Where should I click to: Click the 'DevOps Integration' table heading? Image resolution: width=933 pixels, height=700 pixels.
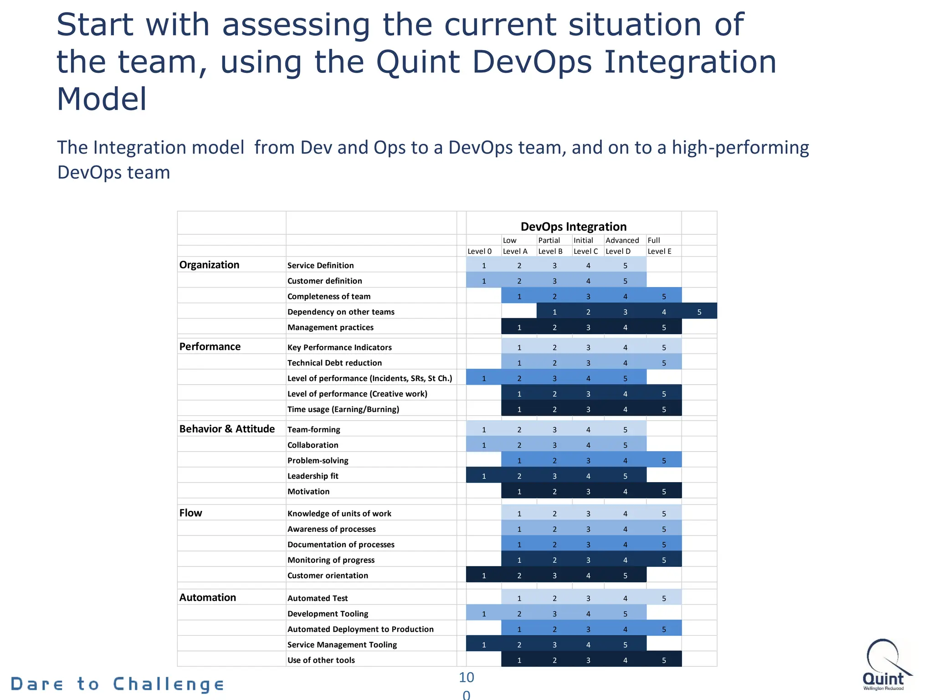coord(573,226)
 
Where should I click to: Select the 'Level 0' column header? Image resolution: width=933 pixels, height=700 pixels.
coord(479,251)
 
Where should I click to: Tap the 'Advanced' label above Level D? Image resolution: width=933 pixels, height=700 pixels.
coord(622,240)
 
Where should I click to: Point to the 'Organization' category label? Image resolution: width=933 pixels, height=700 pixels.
coord(209,265)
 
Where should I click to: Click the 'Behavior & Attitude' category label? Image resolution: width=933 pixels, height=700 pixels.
coord(227,429)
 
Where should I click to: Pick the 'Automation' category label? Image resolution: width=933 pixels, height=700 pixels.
coord(207,597)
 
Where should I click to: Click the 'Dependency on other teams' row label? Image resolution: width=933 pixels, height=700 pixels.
coord(341,312)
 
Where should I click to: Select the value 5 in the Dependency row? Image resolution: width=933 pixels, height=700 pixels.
coord(699,312)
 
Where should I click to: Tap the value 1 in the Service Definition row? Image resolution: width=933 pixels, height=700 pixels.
coord(484,266)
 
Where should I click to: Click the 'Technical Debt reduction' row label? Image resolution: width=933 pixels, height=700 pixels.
coord(334,363)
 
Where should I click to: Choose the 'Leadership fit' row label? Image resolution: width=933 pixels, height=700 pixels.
coord(313,476)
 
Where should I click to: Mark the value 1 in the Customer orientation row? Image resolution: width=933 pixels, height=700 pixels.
coord(484,576)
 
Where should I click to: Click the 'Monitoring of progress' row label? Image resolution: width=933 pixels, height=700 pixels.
coord(331,560)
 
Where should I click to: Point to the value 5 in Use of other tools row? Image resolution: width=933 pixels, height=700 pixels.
coord(664,660)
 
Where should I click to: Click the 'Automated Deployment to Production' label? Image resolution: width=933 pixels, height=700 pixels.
coord(360,629)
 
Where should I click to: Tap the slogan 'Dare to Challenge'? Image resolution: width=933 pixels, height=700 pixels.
coord(117,684)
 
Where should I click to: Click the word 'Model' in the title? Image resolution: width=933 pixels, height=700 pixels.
coord(102,99)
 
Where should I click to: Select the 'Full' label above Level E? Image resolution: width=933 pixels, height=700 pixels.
coord(653,240)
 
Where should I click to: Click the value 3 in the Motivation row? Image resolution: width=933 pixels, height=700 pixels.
coord(588,492)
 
